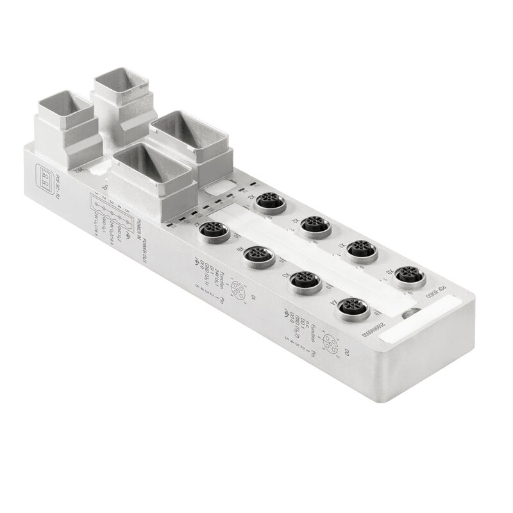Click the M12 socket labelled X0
click(409, 276)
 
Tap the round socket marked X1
click(362, 249)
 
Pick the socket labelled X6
click(258, 256)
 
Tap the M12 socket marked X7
click(213, 231)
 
